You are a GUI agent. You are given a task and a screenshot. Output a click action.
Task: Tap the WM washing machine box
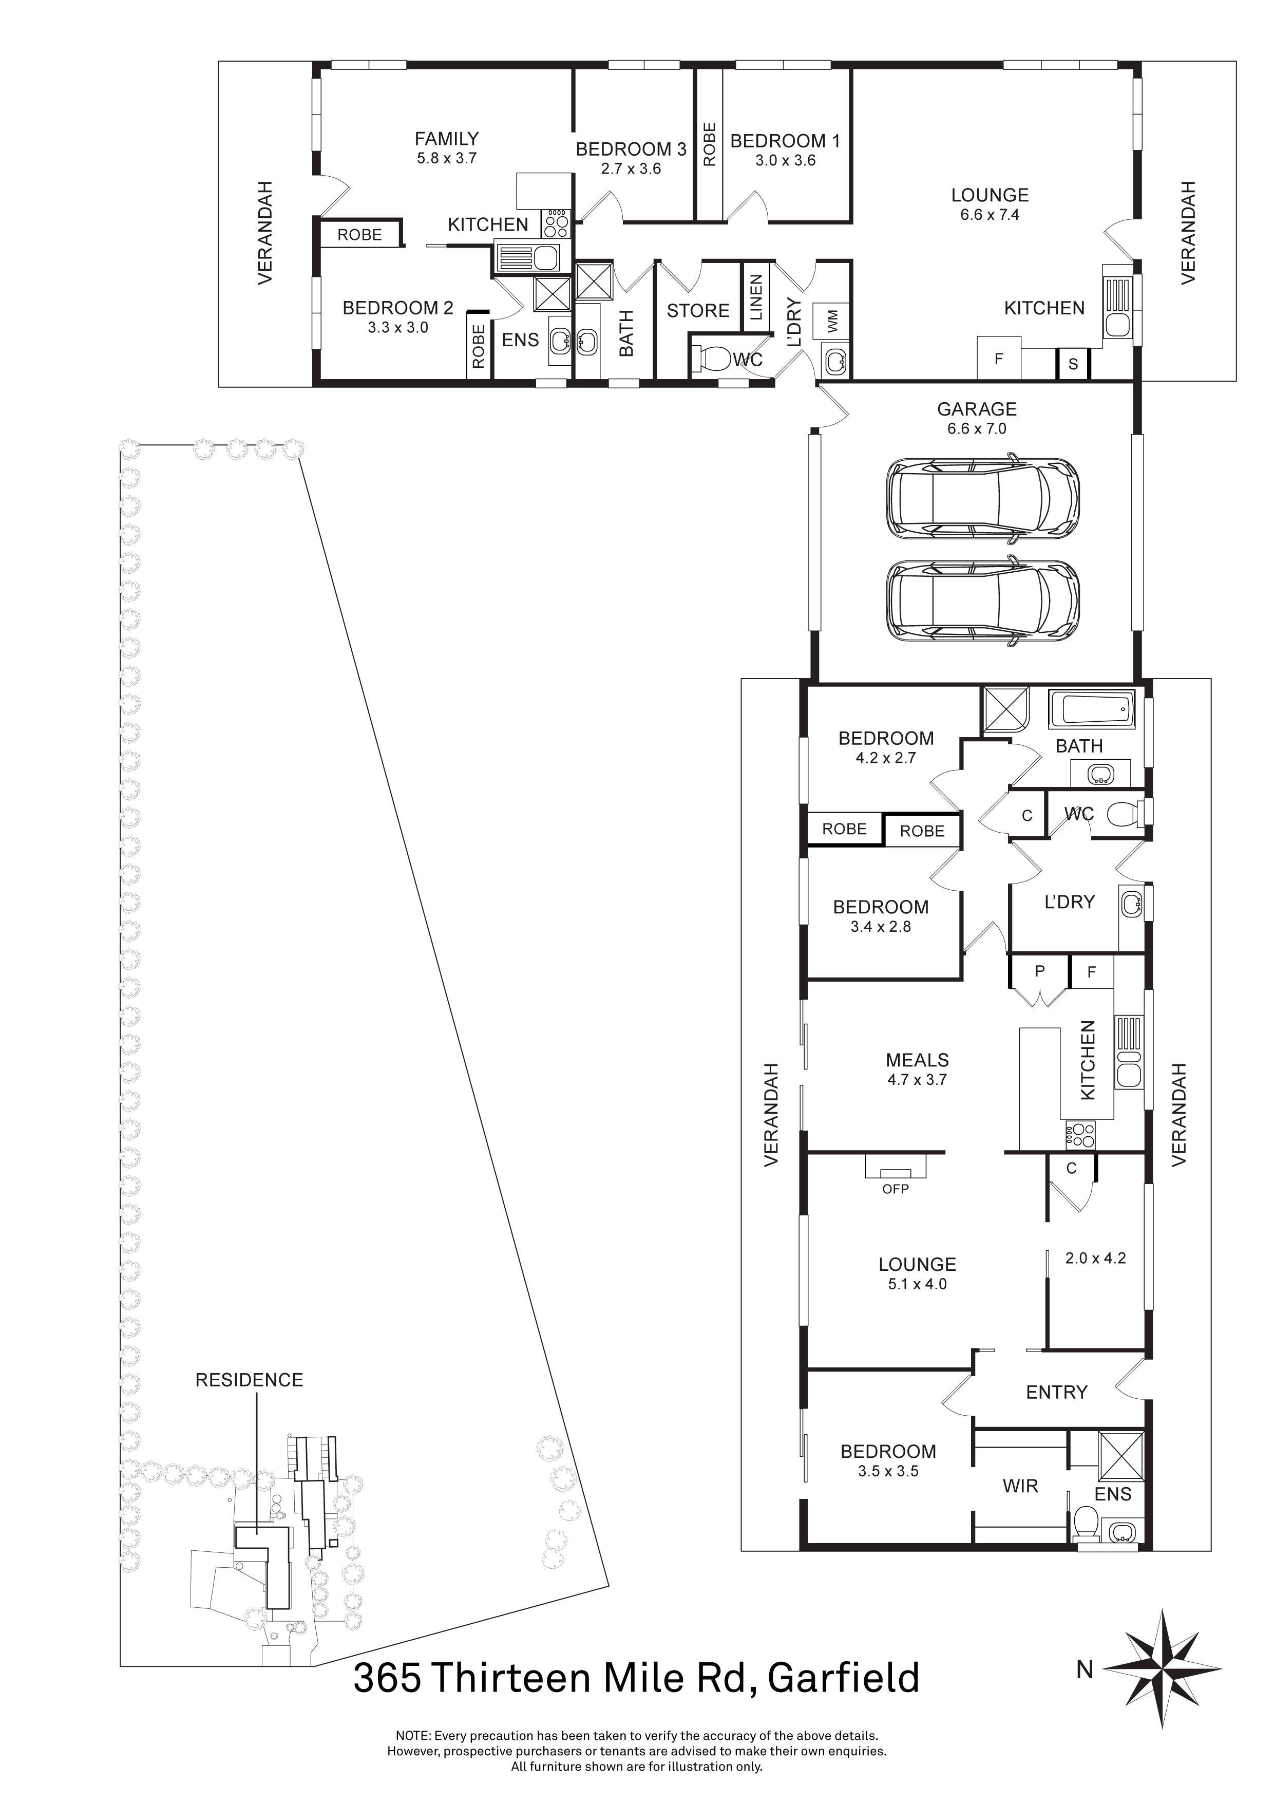tap(832, 320)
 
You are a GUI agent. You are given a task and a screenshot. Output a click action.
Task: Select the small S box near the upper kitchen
tap(1073, 364)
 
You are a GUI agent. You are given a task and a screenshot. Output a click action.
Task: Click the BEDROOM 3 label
tap(631, 149)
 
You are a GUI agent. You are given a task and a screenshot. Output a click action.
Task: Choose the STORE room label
tap(698, 311)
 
